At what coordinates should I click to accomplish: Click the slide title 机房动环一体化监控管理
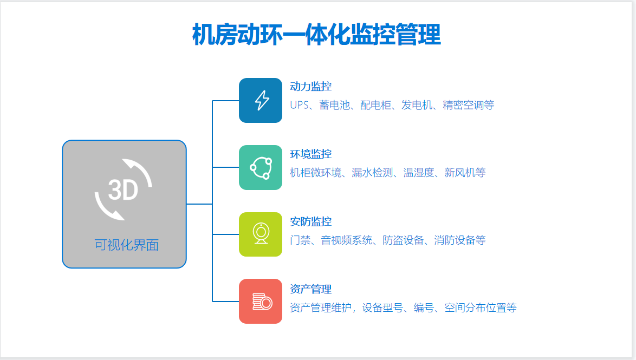click(316, 35)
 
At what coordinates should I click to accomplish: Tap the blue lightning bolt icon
click(261, 100)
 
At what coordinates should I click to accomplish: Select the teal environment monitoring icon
click(261, 167)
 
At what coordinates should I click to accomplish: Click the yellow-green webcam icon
click(261, 234)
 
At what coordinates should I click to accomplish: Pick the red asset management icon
click(261, 301)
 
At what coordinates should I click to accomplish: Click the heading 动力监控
click(311, 87)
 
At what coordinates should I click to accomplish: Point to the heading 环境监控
click(311, 154)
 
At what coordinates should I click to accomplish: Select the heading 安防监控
click(311, 221)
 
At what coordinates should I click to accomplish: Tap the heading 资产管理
click(311, 289)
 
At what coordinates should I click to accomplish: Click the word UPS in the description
click(300, 105)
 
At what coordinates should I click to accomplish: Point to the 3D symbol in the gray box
click(124, 189)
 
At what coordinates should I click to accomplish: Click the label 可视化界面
click(127, 245)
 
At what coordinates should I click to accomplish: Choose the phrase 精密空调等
click(469, 105)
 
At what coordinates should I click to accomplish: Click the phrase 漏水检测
click(372, 173)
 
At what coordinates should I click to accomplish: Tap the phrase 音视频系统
click(347, 240)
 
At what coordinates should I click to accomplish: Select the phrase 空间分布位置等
click(481, 307)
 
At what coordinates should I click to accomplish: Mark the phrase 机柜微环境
click(316, 173)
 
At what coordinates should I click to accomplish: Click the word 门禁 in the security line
click(300, 240)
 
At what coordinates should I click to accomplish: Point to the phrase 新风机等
click(465, 173)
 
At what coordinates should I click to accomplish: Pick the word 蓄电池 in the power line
click(335, 105)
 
